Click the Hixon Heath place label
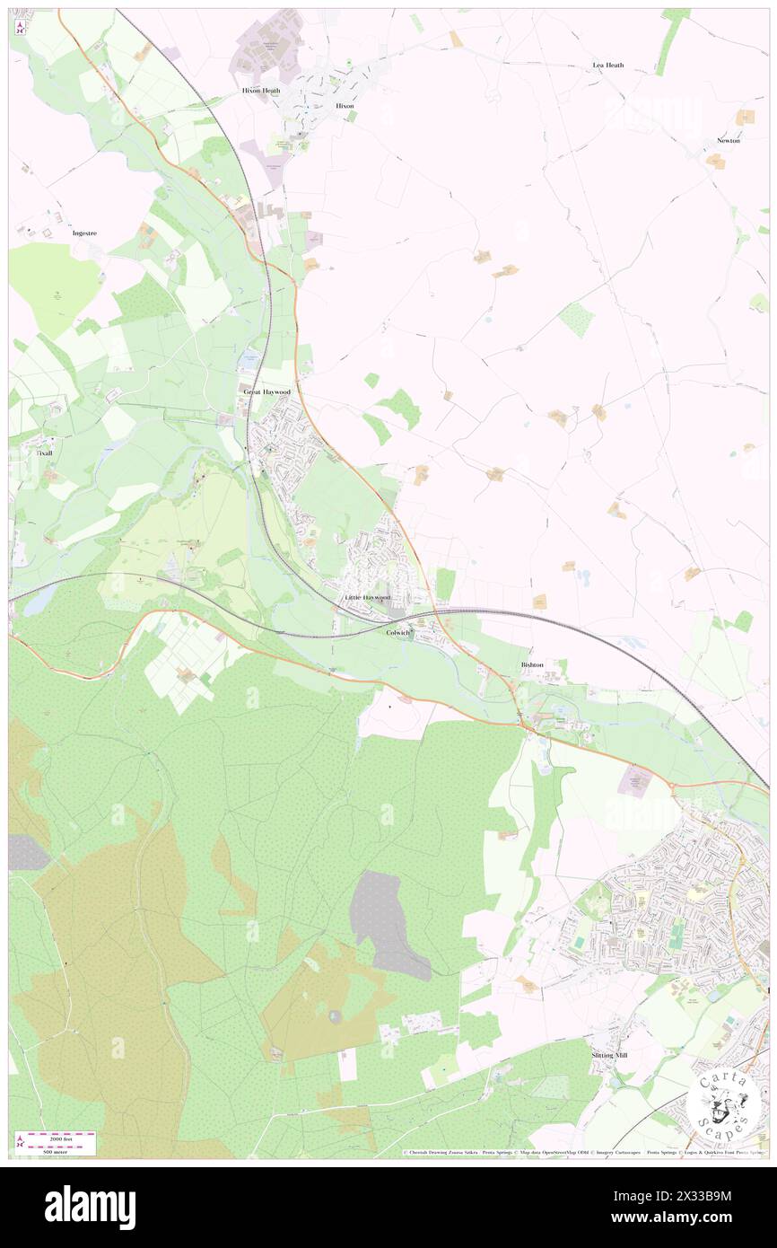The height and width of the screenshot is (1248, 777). pyautogui.click(x=261, y=91)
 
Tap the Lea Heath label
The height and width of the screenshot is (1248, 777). pyautogui.click(x=608, y=66)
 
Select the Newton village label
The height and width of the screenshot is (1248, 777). pyautogui.click(x=728, y=141)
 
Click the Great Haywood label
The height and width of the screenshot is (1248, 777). pyautogui.click(x=267, y=392)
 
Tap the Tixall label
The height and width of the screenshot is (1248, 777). pyautogui.click(x=45, y=453)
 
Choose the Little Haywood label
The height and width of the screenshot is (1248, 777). pyautogui.click(x=367, y=597)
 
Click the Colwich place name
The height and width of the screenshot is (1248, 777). pyautogui.click(x=397, y=633)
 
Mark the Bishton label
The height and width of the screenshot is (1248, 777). pyautogui.click(x=532, y=664)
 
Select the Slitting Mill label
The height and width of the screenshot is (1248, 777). pyautogui.click(x=609, y=1055)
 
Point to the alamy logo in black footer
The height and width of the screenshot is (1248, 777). pyautogui.click(x=90, y=1207)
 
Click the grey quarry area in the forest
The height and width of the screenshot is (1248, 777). pyautogui.click(x=388, y=925)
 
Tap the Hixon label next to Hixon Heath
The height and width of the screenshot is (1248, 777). pyautogui.click(x=345, y=106)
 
